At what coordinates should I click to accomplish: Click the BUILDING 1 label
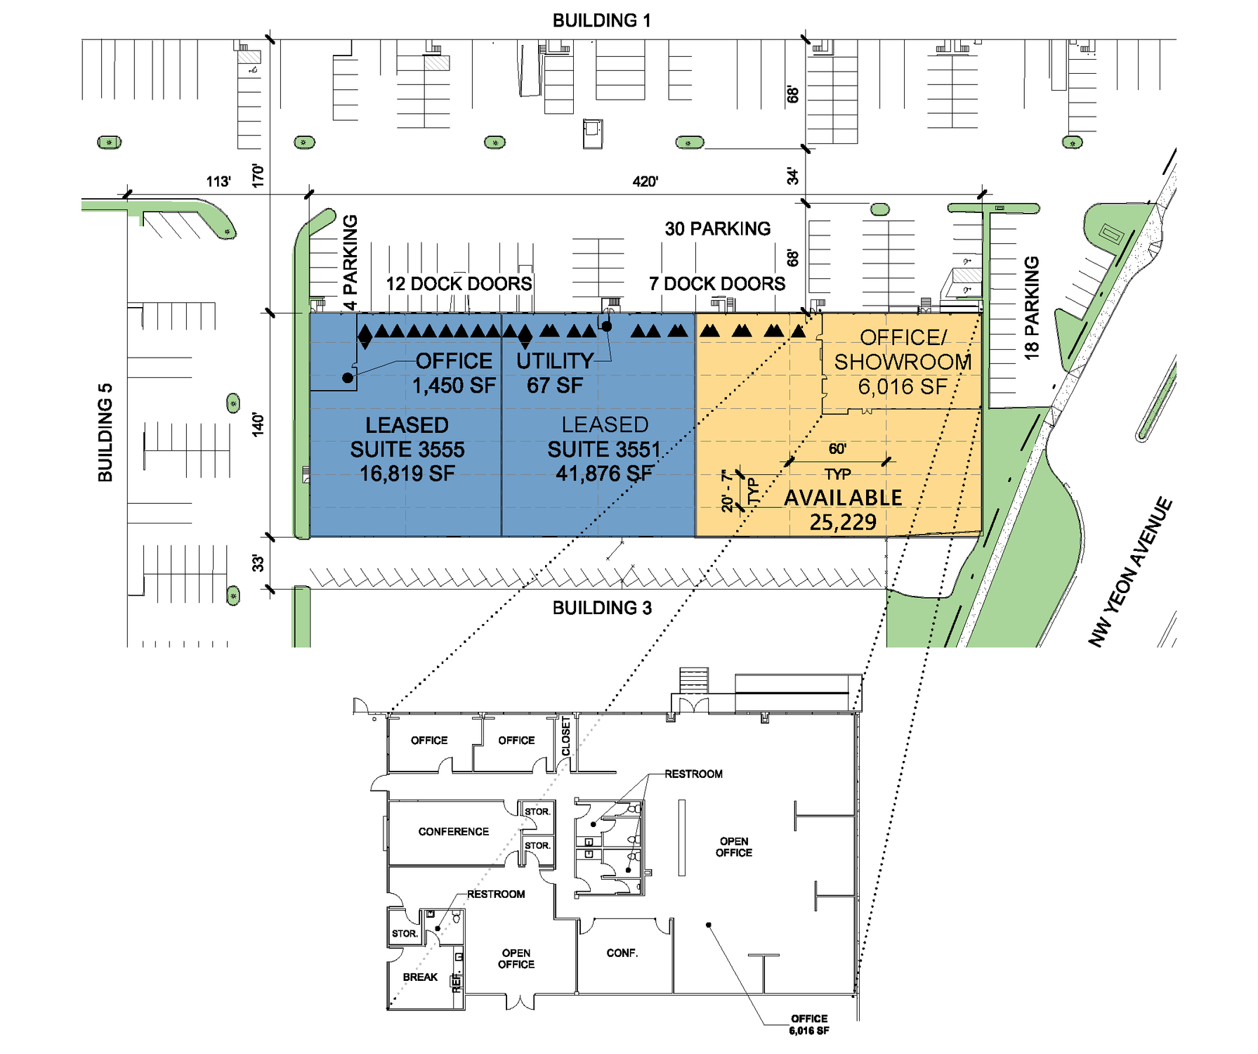click(601, 20)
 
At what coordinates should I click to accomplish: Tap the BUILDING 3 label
click(602, 608)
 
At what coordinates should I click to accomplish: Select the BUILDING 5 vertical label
click(105, 433)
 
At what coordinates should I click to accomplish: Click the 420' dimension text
click(645, 182)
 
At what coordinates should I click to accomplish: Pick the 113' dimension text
click(218, 182)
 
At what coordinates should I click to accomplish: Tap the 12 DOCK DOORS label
click(459, 284)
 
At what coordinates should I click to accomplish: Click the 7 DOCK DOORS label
click(717, 284)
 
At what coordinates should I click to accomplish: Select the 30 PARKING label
click(717, 229)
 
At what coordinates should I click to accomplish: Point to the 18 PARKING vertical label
click(1031, 308)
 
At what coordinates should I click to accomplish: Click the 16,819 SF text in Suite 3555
click(407, 474)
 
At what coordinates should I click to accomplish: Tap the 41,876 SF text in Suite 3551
click(604, 474)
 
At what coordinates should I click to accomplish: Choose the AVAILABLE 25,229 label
click(843, 509)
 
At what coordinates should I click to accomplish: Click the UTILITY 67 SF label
click(555, 373)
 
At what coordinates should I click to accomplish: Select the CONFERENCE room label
click(453, 832)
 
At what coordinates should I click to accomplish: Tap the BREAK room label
click(420, 977)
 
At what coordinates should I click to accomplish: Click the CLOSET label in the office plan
click(566, 736)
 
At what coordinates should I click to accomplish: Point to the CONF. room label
click(622, 954)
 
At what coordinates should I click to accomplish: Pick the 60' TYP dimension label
click(837, 461)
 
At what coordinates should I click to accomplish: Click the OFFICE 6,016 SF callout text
click(809, 1024)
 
